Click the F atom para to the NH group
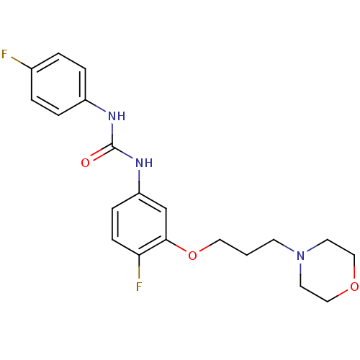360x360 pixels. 4,54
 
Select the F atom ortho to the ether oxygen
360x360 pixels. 139,287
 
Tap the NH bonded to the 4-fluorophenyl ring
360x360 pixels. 117,116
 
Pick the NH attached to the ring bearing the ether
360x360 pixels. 144,163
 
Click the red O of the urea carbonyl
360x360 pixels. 85,163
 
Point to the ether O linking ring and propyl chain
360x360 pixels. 192,256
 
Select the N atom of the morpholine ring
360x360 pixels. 300,256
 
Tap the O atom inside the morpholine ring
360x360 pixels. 354,287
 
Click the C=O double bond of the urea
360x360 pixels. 102,153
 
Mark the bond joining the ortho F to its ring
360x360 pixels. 139,267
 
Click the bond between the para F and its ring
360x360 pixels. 22,63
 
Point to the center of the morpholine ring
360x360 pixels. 328,271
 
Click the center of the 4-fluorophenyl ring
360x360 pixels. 58,84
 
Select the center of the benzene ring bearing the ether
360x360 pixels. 139,224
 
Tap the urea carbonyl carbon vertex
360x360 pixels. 112,146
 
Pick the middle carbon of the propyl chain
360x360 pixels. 247,255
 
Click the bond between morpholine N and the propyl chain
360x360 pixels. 284,246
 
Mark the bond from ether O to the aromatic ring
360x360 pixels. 176,246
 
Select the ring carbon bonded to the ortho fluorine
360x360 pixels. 139,255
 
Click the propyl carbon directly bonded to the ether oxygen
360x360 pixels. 220,240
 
